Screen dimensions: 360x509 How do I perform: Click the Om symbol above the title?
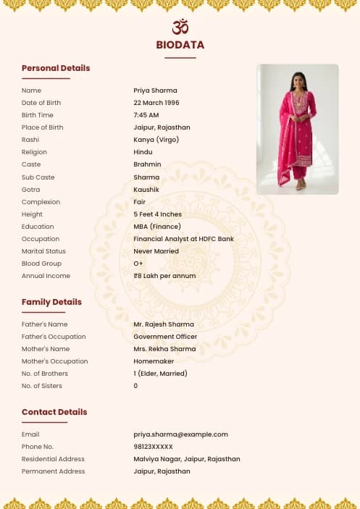click(180, 27)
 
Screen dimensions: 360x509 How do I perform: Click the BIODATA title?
click(180, 45)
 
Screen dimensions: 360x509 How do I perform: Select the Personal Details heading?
click(56, 68)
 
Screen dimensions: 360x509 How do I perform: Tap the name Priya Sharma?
click(155, 91)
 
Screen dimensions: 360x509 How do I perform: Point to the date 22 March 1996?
click(156, 103)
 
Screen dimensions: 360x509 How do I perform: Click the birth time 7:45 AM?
click(146, 115)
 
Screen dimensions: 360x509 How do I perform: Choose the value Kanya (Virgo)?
click(156, 140)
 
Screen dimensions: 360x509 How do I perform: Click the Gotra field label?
click(31, 190)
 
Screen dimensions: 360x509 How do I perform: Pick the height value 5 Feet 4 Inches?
click(157, 214)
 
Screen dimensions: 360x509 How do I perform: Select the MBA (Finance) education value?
click(157, 227)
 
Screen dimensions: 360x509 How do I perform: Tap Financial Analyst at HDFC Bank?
click(183, 239)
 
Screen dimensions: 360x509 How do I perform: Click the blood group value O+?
click(138, 264)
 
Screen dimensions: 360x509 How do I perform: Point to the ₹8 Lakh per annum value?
click(164, 276)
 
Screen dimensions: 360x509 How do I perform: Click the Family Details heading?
click(51, 302)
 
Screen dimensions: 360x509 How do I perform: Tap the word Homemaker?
click(151, 361)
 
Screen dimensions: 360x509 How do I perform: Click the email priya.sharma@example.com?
click(180, 434)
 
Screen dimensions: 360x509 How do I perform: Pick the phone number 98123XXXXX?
click(154, 447)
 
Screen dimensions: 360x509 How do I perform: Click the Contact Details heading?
click(54, 412)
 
